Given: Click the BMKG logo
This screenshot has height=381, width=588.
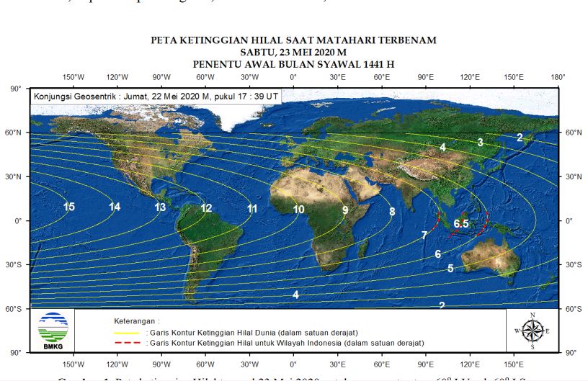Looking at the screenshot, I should click(x=53, y=330).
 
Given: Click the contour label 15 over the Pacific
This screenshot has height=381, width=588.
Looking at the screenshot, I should click(x=69, y=207).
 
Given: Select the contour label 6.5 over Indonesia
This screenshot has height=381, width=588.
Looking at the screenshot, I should click(x=461, y=223).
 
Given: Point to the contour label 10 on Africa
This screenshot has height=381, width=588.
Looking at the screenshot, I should click(x=298, y=210).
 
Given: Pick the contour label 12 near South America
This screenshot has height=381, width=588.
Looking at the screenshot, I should click(x=206, y=208).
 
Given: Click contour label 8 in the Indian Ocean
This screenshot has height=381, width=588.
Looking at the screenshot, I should click(x=392, y=211).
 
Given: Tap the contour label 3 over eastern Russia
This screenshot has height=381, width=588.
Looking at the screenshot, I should click(x=480, y=143).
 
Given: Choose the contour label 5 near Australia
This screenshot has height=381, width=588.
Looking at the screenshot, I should click(x=450, y=269).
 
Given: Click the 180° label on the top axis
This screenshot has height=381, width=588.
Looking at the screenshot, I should click(x=557, y=77).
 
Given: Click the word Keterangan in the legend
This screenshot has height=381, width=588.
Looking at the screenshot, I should click(x=136, y=320).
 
